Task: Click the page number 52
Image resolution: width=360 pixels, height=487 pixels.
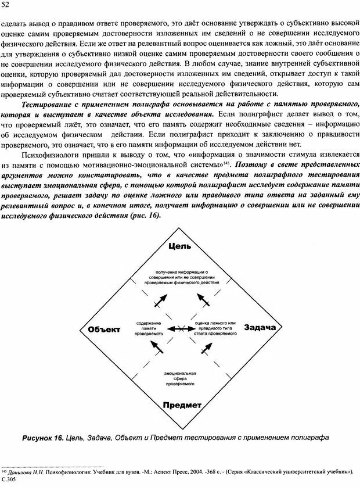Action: (6, 6)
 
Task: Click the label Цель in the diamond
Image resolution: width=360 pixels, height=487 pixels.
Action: (181, 248)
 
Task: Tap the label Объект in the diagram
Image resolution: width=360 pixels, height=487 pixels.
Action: (105, 330)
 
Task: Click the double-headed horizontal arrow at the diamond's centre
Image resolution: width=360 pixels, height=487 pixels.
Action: (181, 330)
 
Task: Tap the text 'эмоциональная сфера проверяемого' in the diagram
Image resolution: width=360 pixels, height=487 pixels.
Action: (181, 377)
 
